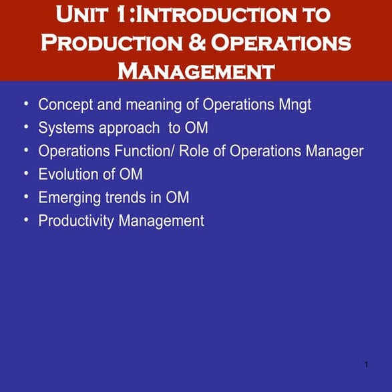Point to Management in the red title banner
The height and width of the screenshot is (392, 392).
(x=196, y=70)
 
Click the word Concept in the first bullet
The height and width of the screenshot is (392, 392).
(x=65, y=105)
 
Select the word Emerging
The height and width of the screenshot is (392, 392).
(x=67, y=198)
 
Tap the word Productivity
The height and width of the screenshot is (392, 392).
(x=76, y=221)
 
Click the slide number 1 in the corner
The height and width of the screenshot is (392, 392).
(x=367, y=364)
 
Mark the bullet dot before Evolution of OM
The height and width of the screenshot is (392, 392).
(x=26, y=174)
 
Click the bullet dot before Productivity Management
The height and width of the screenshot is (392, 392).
(x=26, y=220)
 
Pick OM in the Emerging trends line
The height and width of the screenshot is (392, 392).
(x=177, y=197)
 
